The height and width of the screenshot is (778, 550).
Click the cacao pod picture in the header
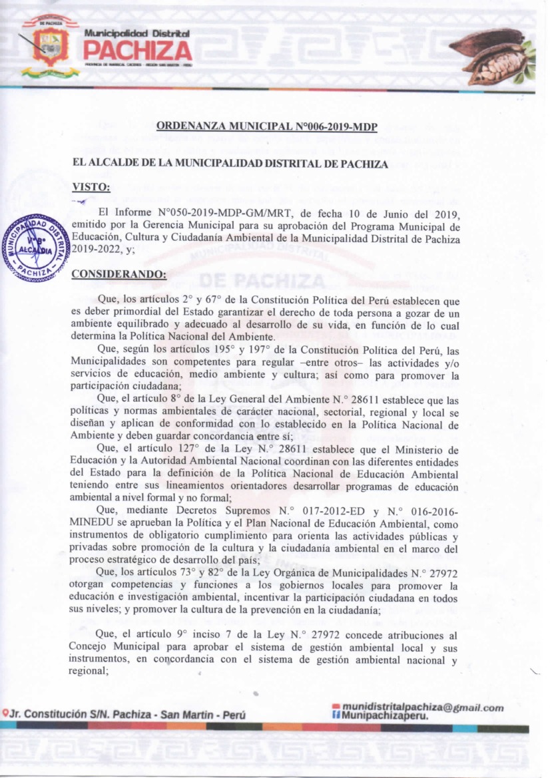492,56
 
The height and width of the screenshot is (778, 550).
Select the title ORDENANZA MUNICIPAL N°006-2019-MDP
267,126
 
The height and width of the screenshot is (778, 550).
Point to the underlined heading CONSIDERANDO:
119,274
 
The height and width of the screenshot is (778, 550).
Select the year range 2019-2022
99,250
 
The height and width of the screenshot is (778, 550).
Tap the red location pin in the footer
5,713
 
